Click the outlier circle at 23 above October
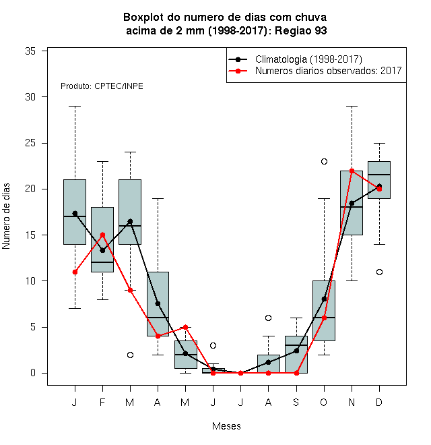point(324,162)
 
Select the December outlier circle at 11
point(379,272)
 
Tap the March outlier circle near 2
point(130,355)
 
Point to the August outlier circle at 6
point(268,318)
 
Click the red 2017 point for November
point(352,171)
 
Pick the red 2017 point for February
point(102,235)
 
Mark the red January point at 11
point(75,272)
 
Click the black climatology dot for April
point(158,303)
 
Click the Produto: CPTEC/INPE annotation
point(102,86)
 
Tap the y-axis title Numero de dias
point(6,216)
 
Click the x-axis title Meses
point(226,426)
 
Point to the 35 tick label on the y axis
point(30,51)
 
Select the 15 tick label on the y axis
point(30,235)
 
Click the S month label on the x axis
point(296,402)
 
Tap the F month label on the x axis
point(102,402)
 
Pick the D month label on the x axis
point(379,402)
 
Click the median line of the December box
point(379,175)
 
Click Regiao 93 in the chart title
point(301,30)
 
